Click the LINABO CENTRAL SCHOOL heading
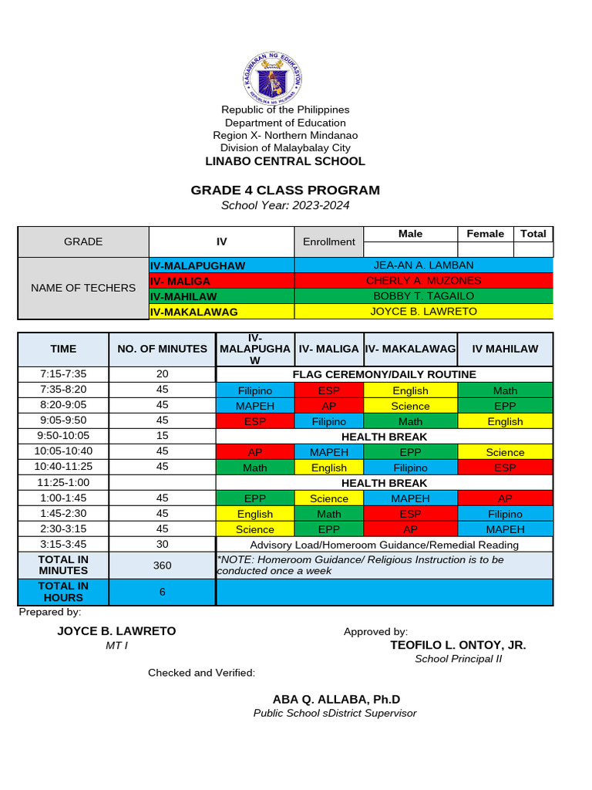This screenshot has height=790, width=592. pos(285,161)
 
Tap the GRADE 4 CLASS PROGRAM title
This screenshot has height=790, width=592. pos(285,191)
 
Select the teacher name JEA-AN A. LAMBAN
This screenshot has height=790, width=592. pos(423,265)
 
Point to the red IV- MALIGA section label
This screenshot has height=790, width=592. pos(221,281)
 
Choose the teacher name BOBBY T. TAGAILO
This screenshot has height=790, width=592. pos(423,296)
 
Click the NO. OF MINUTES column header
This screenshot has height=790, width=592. pos(162,349)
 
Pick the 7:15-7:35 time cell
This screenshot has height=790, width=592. pos(63,374)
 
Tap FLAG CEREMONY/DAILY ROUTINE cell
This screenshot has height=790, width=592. pos(384,374)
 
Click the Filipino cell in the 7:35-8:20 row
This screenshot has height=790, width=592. pos(255,390)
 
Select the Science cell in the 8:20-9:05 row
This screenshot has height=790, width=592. pos(410,406)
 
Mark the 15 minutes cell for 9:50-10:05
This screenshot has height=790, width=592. pos(162,436)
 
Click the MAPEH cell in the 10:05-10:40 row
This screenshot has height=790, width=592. pos(329,452)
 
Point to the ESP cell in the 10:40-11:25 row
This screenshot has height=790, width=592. pos(505,468)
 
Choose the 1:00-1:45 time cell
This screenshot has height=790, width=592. pos(63,498)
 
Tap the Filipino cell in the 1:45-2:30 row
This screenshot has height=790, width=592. pos(505,514)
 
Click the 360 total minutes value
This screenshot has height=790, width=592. pos(162,565)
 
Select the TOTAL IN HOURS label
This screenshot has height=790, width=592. pos(63,592)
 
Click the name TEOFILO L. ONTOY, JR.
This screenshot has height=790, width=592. pos(458,645)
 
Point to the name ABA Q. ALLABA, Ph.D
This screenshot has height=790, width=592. pos(336,699)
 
